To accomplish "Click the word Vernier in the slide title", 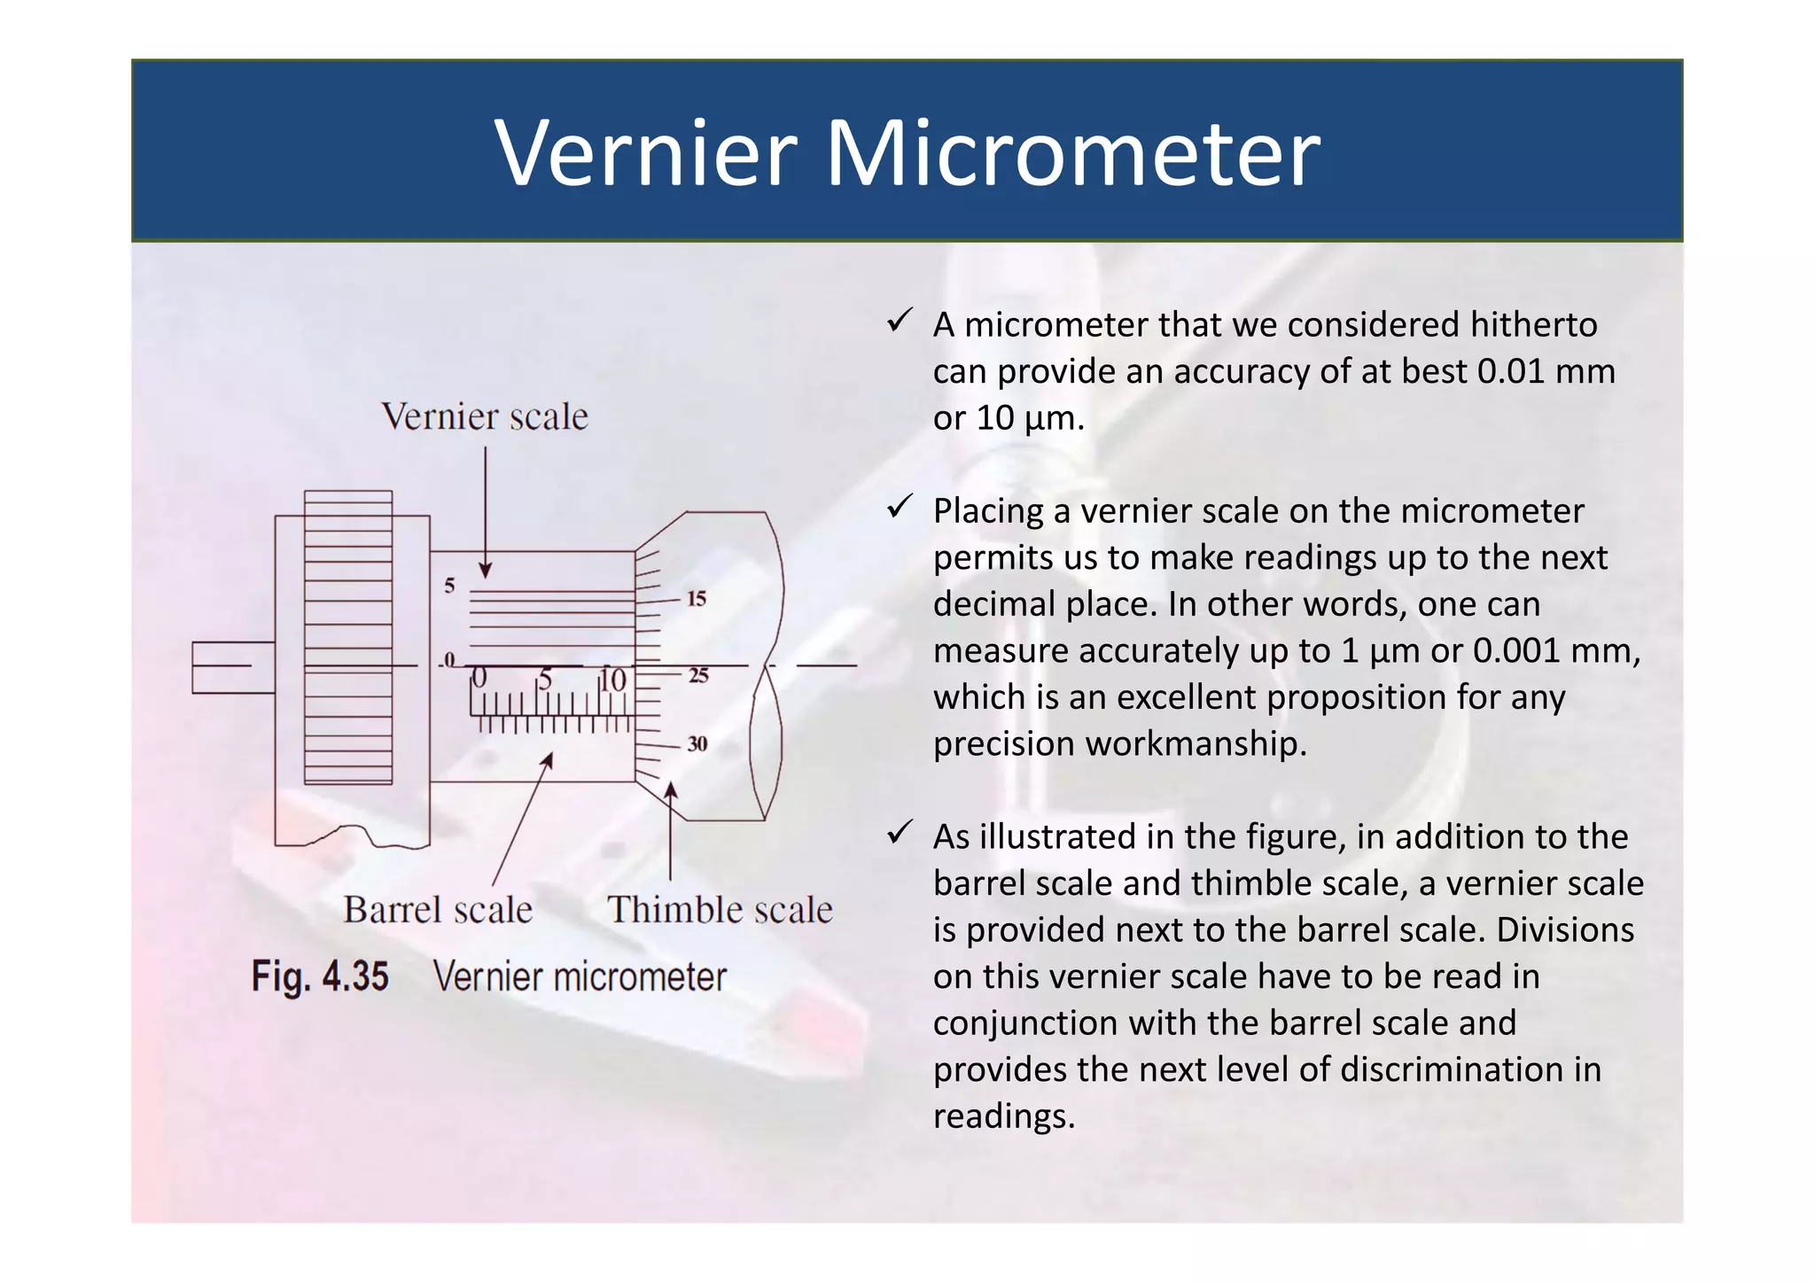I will coord(646,154).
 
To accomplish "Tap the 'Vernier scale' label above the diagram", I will coord(485,417).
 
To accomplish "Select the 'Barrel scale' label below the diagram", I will coord(438,910).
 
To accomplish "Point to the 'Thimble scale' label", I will coord(720,910).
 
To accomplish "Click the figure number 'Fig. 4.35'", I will coord(320,976).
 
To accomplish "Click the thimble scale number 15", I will coord(697,599).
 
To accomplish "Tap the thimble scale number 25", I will coord(698,676).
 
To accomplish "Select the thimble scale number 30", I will coord(697,744).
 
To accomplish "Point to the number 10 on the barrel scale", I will coord(612,680).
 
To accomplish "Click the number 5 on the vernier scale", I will coord(450,586).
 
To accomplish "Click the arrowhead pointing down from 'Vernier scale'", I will coord(486,570).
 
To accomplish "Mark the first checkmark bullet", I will coord(900,321).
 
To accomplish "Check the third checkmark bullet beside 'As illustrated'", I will coord(900,832).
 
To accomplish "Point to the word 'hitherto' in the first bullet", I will coord(1533,325).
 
